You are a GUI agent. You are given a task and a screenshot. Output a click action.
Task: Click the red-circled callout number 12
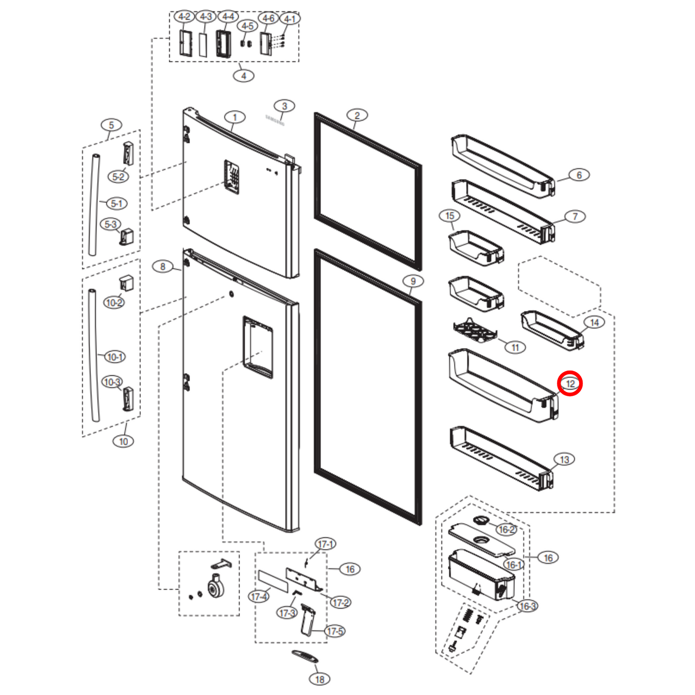[570, 384]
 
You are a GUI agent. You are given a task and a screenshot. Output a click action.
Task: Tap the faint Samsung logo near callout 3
[275, 120]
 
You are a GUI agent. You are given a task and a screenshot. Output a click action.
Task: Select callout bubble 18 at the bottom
[320, 679]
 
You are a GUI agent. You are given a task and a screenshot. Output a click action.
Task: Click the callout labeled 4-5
[248, 26]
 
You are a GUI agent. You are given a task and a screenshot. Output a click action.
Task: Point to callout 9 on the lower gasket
[413, 281]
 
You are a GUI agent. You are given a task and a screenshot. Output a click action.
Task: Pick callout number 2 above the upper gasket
[357, 115]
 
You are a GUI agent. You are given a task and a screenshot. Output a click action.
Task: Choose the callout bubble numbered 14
[594, 322]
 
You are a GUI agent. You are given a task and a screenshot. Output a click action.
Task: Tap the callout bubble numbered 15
[450, 216]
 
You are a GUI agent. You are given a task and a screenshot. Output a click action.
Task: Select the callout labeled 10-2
[114, 303]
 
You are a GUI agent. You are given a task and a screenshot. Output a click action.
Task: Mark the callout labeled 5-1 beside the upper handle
[116, 203]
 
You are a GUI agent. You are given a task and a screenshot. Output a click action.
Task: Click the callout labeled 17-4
[259, 596]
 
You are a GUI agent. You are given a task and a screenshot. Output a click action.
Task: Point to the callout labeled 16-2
[506, 530]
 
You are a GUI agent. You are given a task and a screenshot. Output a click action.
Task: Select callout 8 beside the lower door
[163, 266]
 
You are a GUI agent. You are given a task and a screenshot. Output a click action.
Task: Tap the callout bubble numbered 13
[564, 459]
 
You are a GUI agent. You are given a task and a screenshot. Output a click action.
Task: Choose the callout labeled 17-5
[335, 631]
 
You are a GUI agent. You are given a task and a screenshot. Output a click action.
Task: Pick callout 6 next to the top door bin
[579, 175]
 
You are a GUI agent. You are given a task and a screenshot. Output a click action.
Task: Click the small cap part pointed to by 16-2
[481, 521]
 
